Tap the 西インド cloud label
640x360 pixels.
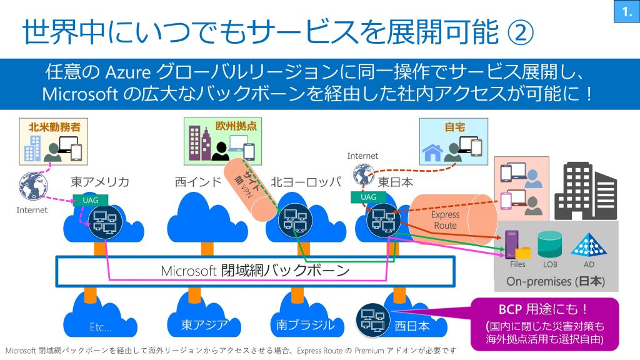(x=198, y=182)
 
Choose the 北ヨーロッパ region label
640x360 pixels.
(x=306, y=182)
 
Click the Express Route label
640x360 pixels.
(x=445, y=219)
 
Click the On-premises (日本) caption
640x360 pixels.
(x=556, y=281)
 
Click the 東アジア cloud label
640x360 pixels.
(x=197, y=325)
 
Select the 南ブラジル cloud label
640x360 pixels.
(x=305, y=325)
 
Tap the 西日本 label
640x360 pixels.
(x=412, y=326)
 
